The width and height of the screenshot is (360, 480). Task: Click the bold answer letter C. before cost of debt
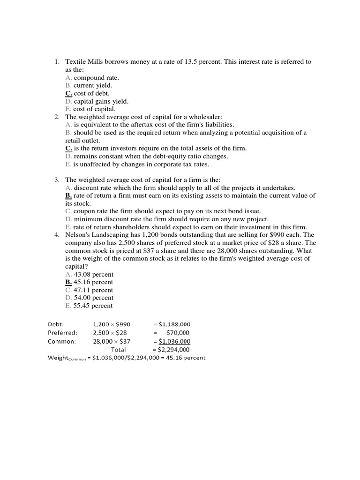click(x=69, y=93)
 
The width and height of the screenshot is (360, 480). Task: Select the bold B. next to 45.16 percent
click(x=69, y=282)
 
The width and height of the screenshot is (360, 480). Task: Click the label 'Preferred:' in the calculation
click(x=62, y=333)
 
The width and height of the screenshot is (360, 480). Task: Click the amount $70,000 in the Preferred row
click(x=178, y=333)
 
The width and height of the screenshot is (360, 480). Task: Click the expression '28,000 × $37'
click(x=112, y=341)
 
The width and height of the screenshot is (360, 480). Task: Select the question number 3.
click(x=57, y=180)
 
